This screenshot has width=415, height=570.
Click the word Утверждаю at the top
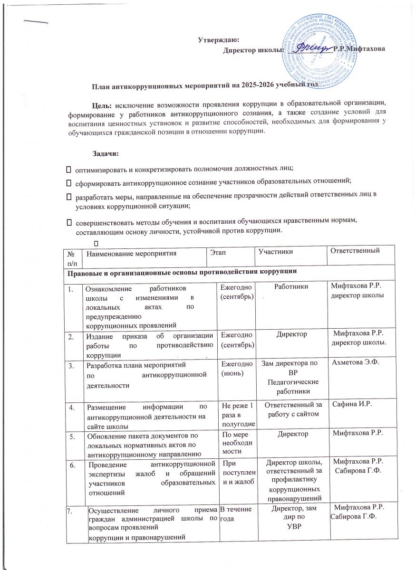[218, 39]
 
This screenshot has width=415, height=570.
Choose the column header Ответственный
[355, 250]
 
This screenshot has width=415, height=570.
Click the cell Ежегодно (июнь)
[233, 368]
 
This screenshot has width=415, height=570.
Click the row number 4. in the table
[72, 407]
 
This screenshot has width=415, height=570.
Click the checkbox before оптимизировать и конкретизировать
[68, 169]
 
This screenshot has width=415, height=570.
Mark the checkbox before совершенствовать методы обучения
[68, 221]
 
